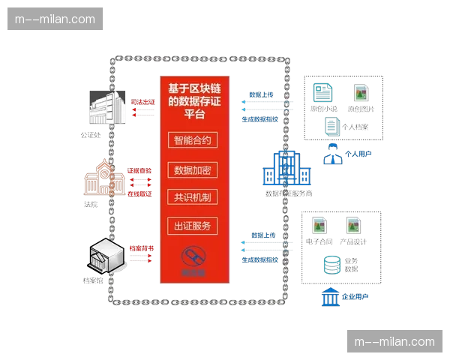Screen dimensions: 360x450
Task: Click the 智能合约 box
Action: coord(195,140)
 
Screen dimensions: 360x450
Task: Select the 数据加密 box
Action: coord(195,169)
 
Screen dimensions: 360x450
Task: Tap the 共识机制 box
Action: coord(195,197)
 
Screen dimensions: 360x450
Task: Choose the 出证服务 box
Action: coord(195,225)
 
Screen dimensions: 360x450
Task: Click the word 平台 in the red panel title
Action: coord(195,114)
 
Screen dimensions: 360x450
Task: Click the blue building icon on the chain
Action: coord(286,170)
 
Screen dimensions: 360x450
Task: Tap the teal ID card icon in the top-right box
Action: coord(323,92)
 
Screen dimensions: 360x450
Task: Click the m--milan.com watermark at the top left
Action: coord(57,19)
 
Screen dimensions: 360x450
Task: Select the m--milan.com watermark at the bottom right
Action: coord(392,341)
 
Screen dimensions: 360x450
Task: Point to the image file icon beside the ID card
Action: coord(361,92)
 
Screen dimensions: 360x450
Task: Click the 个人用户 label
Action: coord(358,154)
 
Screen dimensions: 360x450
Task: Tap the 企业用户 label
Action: coord(355,297)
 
